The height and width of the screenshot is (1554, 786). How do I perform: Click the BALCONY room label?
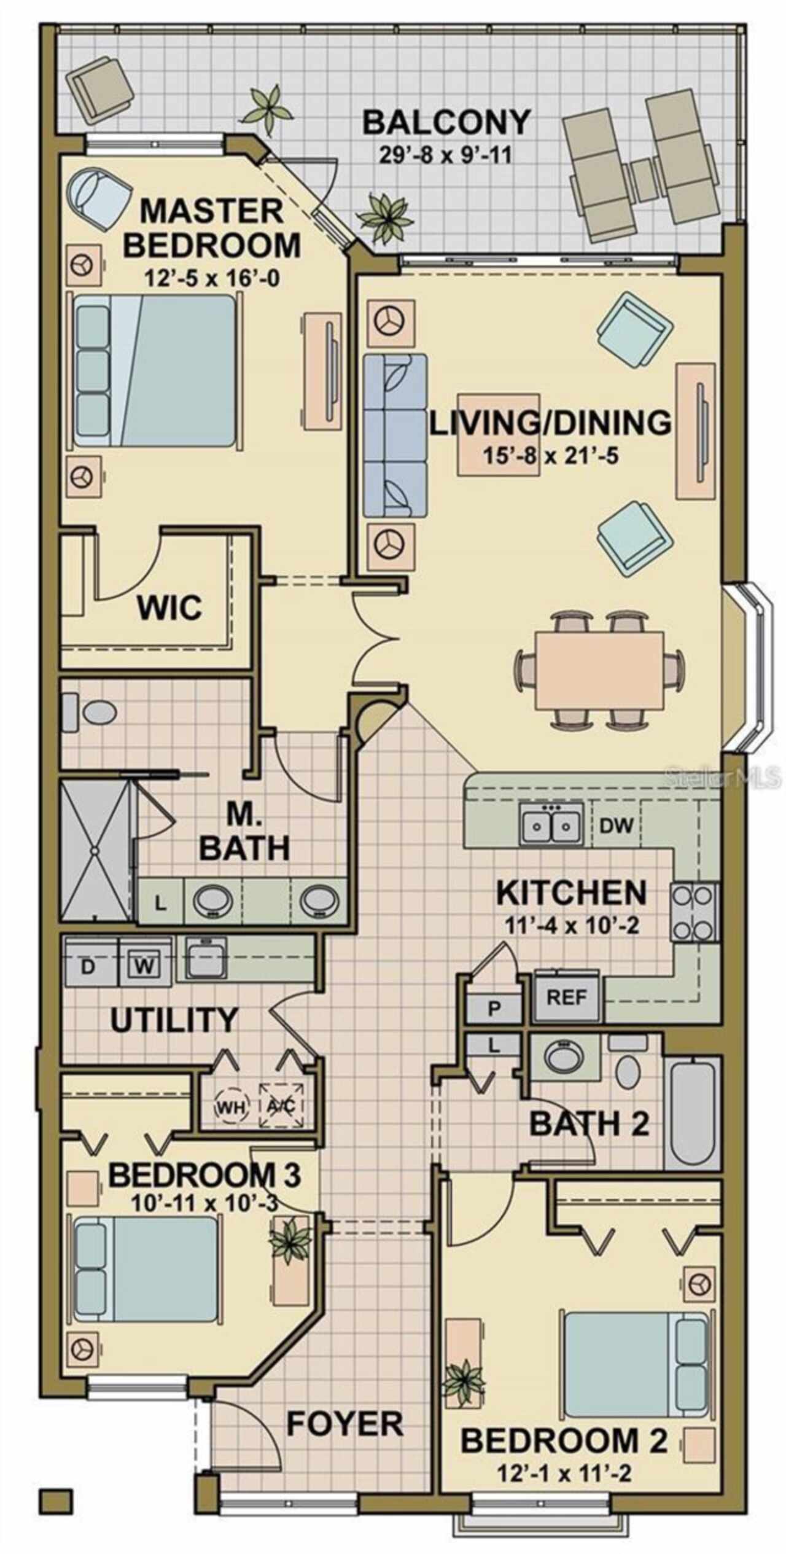pyautogui.click(x=446, y=122)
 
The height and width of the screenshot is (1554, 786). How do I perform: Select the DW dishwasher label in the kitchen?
pyautogui.click(x=616, y=825)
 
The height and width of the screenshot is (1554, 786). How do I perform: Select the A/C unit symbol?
pyautogui.click(x=282, y=1105)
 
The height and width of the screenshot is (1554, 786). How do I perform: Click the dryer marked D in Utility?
pyautogui.click(x=90, y=966)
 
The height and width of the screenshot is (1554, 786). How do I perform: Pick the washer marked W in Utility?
pyautogui.click(x=145, y=966)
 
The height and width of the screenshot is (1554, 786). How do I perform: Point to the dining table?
pyautogui.click(x=599, y=669)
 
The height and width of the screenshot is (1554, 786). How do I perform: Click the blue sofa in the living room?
pyautogui.click(x=395, y=435)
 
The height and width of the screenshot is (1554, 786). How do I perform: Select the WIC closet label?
pyautogui.click(x=169, y=607)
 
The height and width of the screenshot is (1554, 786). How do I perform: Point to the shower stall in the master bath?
pyautogui.click(x=95, y=851)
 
